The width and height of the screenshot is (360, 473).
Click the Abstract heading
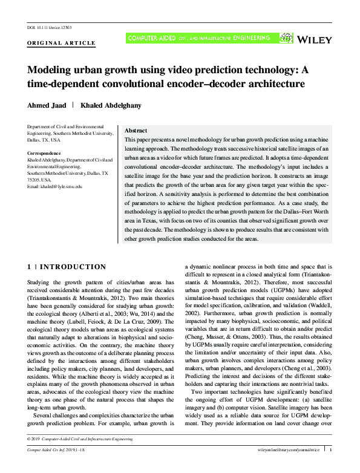(x=136, y=131)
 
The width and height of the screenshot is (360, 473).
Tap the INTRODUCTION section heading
(x=71, y=267)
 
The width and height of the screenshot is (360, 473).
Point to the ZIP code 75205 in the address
(x=35, y=180)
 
